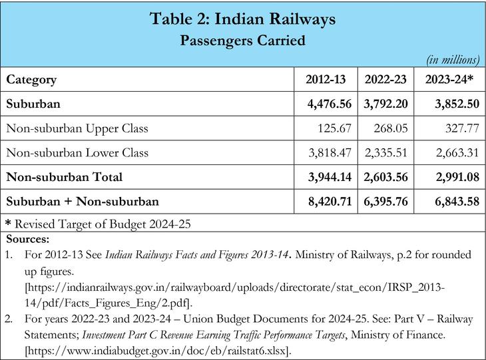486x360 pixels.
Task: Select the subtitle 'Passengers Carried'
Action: tap(242, 40)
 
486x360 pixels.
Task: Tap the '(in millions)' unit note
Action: tap(453, 60)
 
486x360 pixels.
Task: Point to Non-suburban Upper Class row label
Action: tap(77, 128)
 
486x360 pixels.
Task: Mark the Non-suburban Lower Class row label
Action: tap(77, 153)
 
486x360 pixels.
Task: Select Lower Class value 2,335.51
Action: tap(387, 153)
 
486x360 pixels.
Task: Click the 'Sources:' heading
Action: tap(26, 238)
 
